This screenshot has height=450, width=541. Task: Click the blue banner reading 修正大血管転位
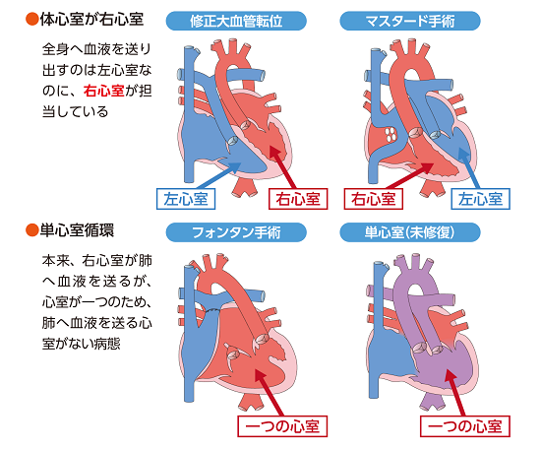pos(236,21)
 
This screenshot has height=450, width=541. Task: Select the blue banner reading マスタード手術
pos(410,21)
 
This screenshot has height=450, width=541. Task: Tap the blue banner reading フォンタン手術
pos(236,232)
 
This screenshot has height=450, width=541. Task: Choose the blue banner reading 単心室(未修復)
pos(410,232)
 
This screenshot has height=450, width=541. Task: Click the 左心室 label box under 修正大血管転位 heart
pos(186,199)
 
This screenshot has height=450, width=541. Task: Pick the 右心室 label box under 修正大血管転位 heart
pos(298,199)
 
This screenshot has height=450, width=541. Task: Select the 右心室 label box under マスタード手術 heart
pos(374,199)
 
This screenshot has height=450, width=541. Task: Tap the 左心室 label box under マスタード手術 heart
pos(480,199)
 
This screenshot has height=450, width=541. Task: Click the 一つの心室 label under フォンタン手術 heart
pos(282,426)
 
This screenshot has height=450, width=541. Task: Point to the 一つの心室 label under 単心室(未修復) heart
pos(465,426)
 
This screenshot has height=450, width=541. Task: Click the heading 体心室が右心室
pos(91,20)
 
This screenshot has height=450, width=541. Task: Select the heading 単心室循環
pos(77,230)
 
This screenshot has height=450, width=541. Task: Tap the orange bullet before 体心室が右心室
pos(32,20)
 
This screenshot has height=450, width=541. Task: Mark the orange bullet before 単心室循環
pos(32,230)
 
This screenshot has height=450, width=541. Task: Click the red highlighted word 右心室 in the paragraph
pos(103,91)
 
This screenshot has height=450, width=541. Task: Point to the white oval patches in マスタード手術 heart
pos(391,134)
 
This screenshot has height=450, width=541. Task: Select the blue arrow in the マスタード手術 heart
pos(469,168)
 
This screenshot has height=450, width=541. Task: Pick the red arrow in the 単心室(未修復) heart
pos(455,392)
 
